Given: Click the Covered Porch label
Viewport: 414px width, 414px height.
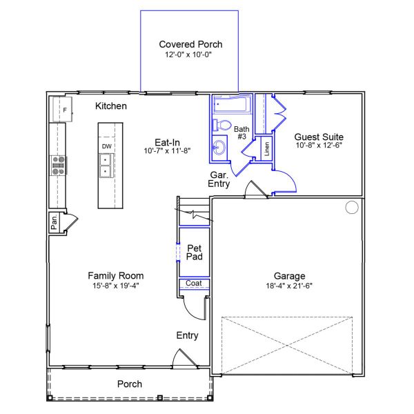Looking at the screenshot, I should point(190,44).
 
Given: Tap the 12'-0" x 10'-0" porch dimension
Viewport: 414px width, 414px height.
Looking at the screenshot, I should point(190,55).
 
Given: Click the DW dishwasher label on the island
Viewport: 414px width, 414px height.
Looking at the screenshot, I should point(107,147).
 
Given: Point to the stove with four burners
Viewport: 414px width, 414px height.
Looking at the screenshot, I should point(59,166).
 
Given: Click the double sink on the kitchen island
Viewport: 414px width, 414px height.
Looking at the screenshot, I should point(107,166).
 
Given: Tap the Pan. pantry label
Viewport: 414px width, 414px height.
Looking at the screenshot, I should point(54,222).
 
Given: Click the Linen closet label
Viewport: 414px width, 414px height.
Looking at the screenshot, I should point(267,150).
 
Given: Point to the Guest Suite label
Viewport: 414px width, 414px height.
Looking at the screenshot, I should point(319,137).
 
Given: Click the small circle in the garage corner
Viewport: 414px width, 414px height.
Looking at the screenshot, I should point(351,206).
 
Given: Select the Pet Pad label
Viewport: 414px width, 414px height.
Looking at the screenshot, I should point(194,252).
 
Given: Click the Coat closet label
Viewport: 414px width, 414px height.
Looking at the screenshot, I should point(193,284).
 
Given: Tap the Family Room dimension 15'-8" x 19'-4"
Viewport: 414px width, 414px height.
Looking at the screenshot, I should point(116,286).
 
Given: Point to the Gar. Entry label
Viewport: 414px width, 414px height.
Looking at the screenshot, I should point(219,179).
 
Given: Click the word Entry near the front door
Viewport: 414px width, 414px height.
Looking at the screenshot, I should point(187,335).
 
